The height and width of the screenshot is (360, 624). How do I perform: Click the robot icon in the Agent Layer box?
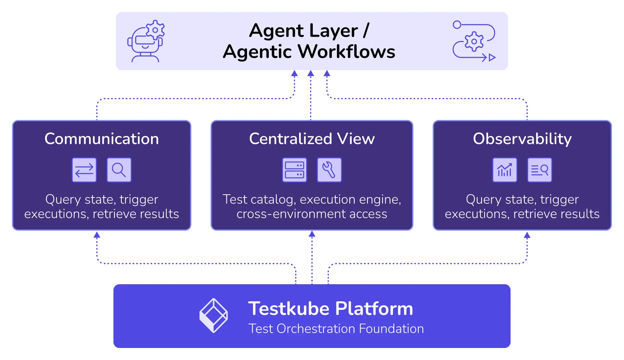[x=146, y=42]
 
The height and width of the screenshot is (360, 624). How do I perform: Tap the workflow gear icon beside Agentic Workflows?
[x=474, y=41]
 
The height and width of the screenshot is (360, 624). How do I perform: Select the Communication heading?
[x=102, y=139]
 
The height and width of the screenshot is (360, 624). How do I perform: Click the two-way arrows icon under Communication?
[x=84, y=170]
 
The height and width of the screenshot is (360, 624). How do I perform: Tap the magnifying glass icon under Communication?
[x=119, y=170]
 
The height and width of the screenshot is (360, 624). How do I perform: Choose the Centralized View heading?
[x=312, y=139]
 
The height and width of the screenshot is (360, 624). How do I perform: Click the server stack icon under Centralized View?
[x=294, y=170]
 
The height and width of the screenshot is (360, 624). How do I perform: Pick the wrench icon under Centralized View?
[x=329, y=170]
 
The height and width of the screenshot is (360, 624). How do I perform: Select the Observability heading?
[x=522, y=139]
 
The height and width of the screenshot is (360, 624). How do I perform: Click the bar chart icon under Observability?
[x=505, y=170]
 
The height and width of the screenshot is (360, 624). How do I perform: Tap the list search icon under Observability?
[x=539, y=170]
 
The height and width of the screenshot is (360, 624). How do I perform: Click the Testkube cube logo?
[x=214, y=315]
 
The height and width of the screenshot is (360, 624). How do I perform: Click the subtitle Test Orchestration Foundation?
[x=336, y=329]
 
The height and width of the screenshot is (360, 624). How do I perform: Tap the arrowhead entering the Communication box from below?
[x=97, y=235]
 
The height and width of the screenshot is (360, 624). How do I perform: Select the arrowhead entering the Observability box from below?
[x=527, y=235]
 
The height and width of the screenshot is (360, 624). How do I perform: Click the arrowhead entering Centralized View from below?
[x=312, y=234]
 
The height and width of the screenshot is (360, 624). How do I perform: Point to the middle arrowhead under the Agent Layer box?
[x=311, y=73]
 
